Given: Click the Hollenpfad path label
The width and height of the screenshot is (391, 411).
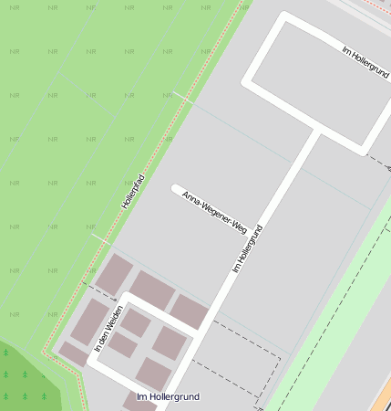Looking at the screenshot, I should pyautogui.click(x=135, y=186).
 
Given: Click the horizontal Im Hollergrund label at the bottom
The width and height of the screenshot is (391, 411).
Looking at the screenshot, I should pyautogui.click(x=167, y=396).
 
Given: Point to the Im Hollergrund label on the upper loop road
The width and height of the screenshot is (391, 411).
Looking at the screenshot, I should pyautogui.click(x=365, y=60).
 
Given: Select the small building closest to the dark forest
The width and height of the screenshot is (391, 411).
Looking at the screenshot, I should pyautogui.click(x=73, y=353).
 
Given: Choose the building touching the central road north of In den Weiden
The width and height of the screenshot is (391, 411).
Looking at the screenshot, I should pyautogui.click(x=189, y=311).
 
